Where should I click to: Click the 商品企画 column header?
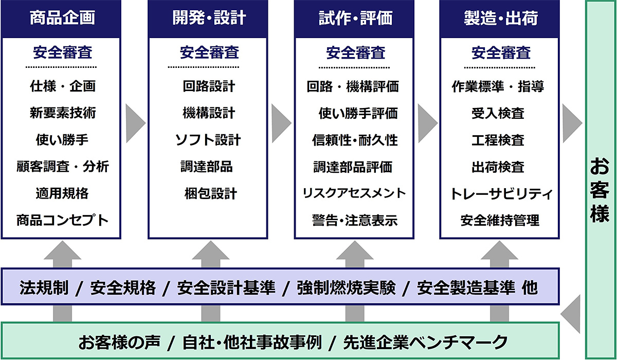tap(62, 19)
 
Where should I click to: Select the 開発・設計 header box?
tap(208, 19)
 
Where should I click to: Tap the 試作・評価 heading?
tap(355, 19)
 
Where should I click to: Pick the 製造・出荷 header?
tap(500, 19)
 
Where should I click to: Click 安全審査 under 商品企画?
tap(62, 52)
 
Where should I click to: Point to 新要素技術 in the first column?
tap(62, 113)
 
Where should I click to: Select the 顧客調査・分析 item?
tap(62, 167)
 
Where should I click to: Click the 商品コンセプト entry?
tap(62, 221)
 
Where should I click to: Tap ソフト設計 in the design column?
tap(208, 140)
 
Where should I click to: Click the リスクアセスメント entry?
tap(355, 193)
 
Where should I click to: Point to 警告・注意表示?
tap(355, 221)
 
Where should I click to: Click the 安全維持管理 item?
tap(500, 221)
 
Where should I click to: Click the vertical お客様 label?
tap(600, 190)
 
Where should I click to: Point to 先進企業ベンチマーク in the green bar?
tap(425, 341)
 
